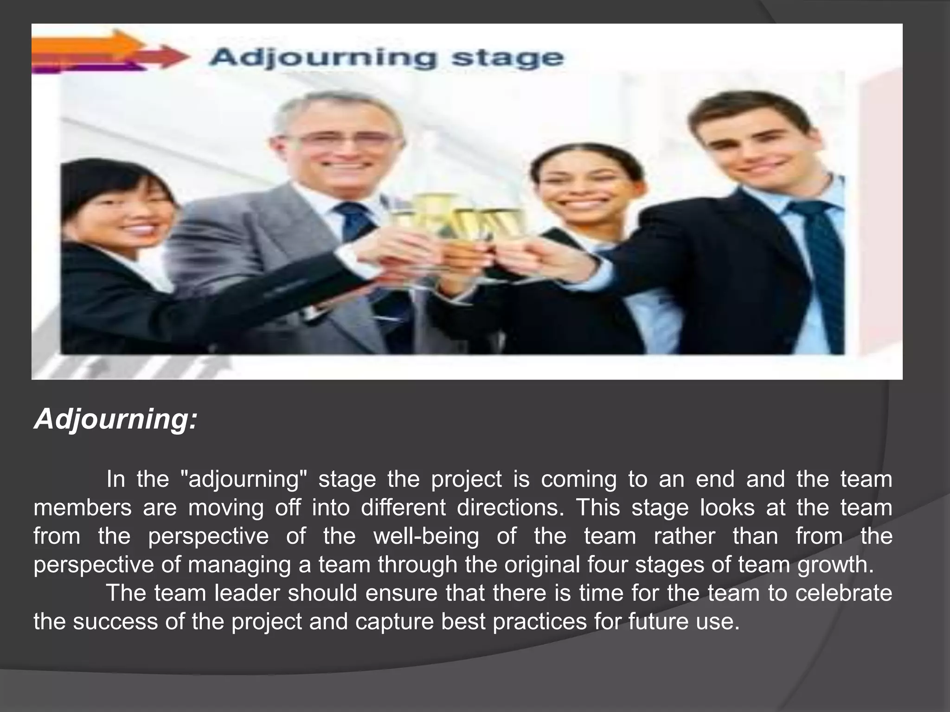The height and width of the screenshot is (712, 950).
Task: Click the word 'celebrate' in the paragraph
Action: (x=844, y=593)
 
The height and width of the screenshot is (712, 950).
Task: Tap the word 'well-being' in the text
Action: (x=426, y=536)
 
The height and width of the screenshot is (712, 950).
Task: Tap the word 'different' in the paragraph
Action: (x=403, y=508)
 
